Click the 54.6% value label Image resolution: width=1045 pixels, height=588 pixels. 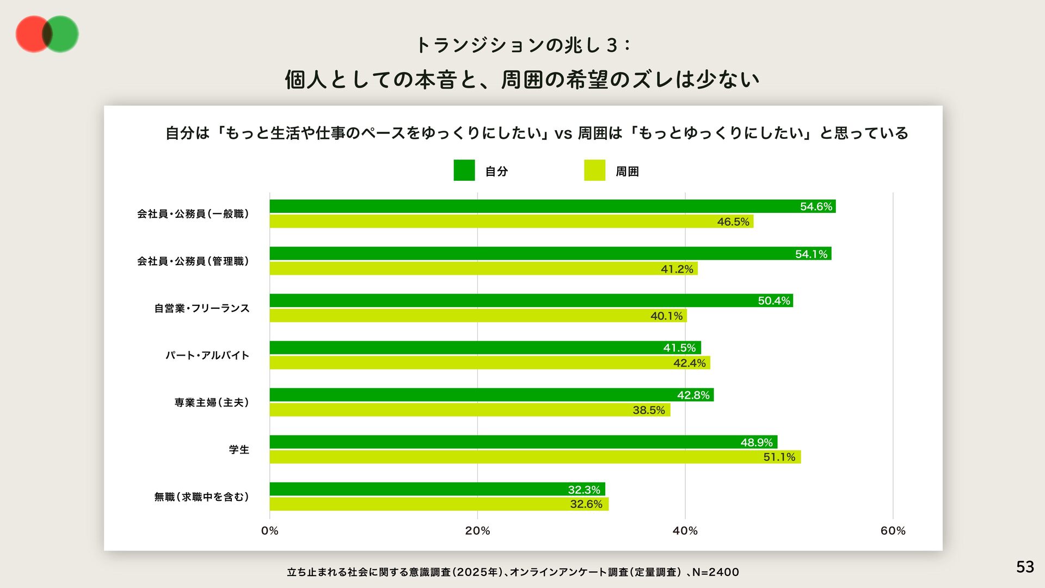pyautogui.click(x=816, y=206)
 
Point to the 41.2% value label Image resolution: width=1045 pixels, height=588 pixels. pyautogui.click(x=677, y=269)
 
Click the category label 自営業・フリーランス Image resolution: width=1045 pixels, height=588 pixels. pyautogui.click(x=201, y=308)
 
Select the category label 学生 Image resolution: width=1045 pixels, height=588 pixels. pyautogui.click(x=239, y=450)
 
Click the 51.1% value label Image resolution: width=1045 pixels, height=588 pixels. pyautogui.click(x=779, y=457)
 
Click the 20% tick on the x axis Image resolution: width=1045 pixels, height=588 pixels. pyautogui.click(x=477, y=531)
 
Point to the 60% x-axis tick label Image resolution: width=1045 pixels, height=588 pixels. pyautogui.click(x=893, y=531)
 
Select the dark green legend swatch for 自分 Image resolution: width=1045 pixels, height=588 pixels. pyautogui.click(x=464, y=170)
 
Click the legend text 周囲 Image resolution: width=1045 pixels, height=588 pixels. pyautogui.click(x=627, y=171)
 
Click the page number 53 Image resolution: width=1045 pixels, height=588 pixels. pyautogui.click(x=1025, y=567)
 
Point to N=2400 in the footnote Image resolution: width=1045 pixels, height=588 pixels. pyautogui.click(x=716, y=572)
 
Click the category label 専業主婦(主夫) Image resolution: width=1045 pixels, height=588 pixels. pyautogui.click(x=212, y=402)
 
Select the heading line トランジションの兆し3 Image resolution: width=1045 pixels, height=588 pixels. pyautogui.click(x=522, y=45)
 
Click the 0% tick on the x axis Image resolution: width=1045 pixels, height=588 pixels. pyautogui.click(x=269, y=531)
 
